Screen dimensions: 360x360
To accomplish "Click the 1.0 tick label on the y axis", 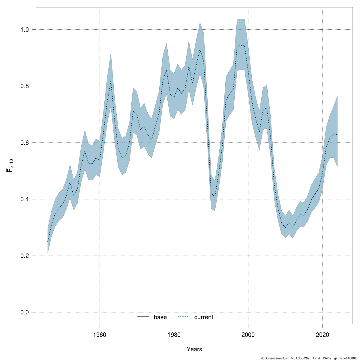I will [24, 30].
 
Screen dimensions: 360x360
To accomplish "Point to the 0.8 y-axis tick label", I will [24, 86].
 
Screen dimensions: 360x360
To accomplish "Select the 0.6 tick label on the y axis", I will [24, 143].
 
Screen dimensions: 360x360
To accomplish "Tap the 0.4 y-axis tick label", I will [24, 199].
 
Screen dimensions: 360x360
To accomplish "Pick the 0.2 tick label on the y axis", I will [24, 256].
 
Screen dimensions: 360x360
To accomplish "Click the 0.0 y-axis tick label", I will [24, 312].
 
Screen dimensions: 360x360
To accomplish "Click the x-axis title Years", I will [194, 349].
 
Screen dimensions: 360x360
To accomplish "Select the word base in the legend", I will [160, 317].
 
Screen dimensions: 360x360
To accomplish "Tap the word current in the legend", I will [204, 317].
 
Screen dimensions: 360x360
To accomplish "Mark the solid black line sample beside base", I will [143, 317].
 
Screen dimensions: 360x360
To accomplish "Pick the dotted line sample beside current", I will [184, 317].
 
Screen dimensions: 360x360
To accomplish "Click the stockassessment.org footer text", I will [309, 358].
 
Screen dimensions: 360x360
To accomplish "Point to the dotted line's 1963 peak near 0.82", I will [111, 81].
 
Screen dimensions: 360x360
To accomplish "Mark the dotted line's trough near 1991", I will [215, 197].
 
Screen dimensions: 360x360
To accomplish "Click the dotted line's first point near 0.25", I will [48, 242].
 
